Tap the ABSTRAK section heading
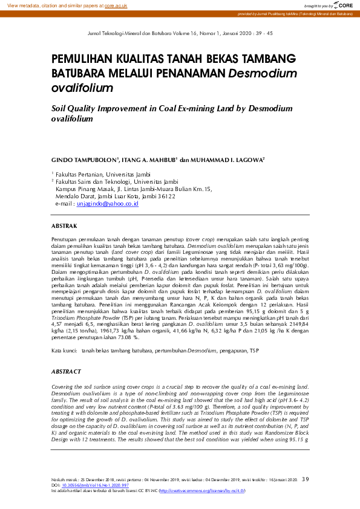pyautogui.click(x=64, y=226)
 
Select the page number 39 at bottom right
pyautogui.click(x=305, y=479)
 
